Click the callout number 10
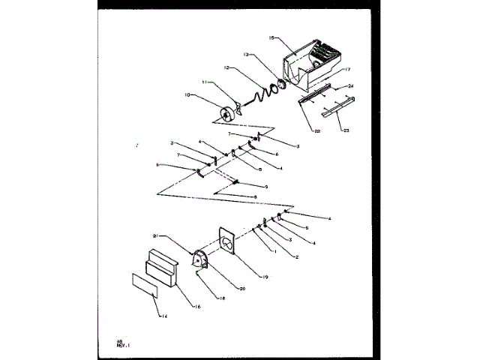[187, 94]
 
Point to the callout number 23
[346, 130]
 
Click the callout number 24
[350, 86]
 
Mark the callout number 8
[254, 197]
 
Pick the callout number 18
[201, 298]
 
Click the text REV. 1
[122, 345]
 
